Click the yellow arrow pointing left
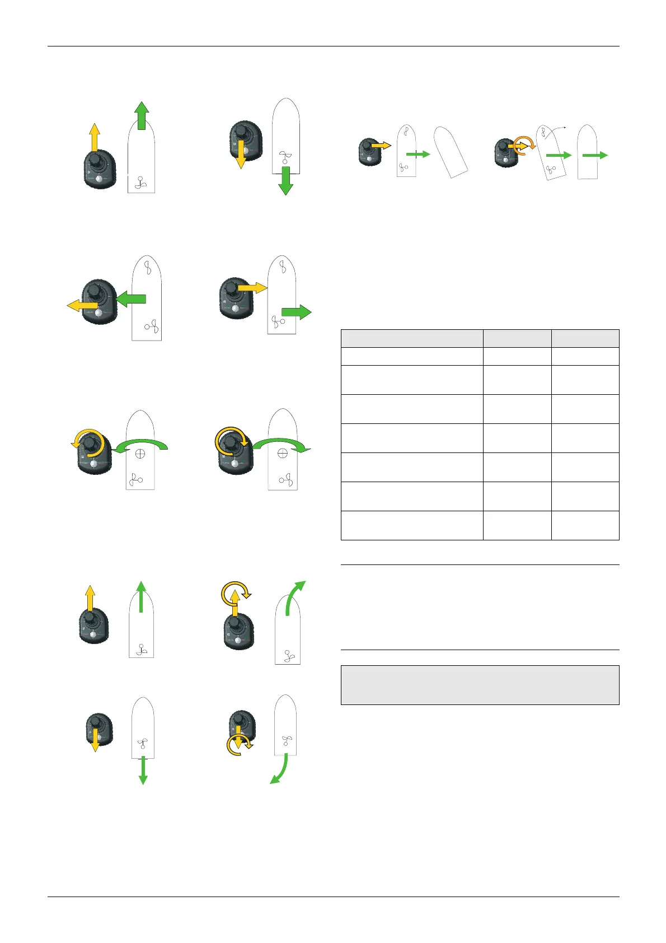click(x=81, y=305)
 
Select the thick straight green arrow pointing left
click(x=132, y=299)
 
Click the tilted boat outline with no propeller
click(x=451, y=152)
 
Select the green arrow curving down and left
click(x=279, y=770)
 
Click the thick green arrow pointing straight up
click(x=142, y=115)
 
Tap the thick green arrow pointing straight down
click(x=285, y=181)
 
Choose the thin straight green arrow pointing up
click(x=141, y=596)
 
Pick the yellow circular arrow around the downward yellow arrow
click(x=240, y=745)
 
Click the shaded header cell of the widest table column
click(x=411, y=338)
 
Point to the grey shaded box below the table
click(x=480, y=684)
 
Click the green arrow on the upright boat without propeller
click(x=595, y=155)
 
